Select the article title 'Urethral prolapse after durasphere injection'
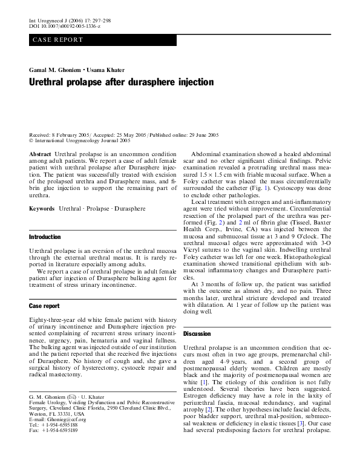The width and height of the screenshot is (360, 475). tap(122, 81)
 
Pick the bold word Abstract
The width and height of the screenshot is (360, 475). tap(41, 156)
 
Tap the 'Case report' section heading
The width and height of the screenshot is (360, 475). tap(45, 306)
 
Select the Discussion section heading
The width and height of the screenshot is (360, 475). tap(197, 333)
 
